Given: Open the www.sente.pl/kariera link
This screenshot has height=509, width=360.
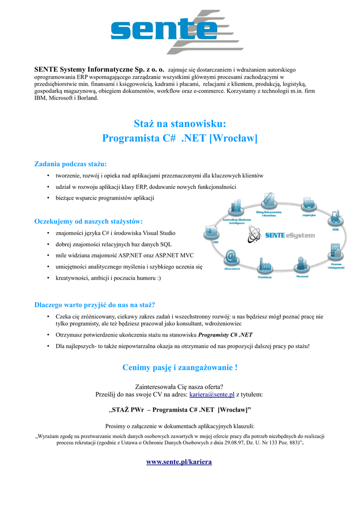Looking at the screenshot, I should tap(179, 462).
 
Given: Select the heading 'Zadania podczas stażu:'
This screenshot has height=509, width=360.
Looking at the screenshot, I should tap(70, 164).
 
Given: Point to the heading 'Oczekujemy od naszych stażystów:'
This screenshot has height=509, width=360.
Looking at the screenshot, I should tap(88, 221).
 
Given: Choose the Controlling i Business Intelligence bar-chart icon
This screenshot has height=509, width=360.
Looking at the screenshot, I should tap(236, 208).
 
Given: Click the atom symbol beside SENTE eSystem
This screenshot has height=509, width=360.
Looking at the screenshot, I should tap(255, 235).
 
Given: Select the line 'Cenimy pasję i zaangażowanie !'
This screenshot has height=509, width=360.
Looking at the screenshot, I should tap(180, 367).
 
